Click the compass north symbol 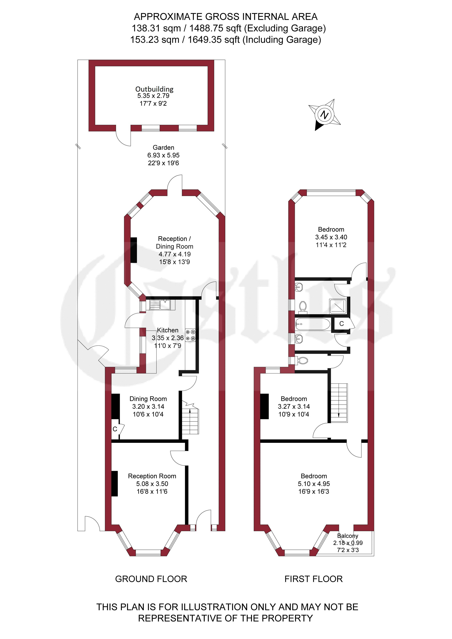click(x=325, y=115)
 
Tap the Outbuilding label click(x=154, y=89)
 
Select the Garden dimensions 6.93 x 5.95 click(x=163, y=155)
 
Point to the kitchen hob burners click(x=190, y=335)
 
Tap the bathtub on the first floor click(x=313, y=324)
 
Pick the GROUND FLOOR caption click(x=151, y=579)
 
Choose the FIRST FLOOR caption click(x=313, y=579)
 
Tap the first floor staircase click(x=339, y=403)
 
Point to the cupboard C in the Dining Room click(x=115, y=429)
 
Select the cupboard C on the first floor click(x=342, y=324)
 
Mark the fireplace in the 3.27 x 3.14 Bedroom click(x=264, y=406)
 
